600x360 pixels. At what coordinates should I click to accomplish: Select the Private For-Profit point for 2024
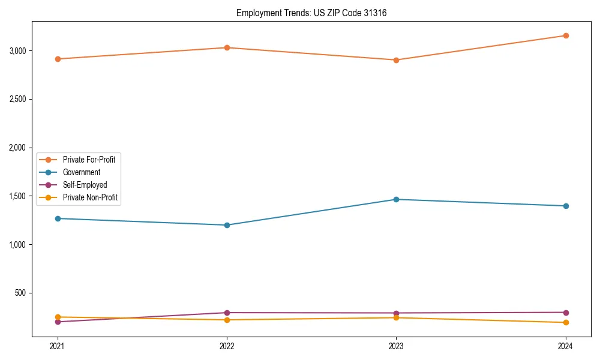566,35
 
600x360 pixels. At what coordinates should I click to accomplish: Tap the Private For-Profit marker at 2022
227,47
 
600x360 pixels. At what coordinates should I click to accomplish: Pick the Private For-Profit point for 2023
396,60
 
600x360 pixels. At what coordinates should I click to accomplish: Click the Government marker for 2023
396,199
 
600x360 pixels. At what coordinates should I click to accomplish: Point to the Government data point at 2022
227,225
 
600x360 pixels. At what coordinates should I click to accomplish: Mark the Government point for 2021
58,218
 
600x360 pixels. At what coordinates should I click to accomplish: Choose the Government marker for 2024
566,206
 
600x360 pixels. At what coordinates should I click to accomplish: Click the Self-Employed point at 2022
227,313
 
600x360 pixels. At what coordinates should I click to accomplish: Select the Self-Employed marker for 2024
566,312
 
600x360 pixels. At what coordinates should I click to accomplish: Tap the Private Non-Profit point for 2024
566,323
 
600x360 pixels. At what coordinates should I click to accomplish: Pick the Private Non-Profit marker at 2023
396,317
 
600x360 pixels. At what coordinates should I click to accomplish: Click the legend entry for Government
81,172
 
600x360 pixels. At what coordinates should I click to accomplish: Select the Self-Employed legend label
85,185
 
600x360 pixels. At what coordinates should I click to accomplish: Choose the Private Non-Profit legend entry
90,197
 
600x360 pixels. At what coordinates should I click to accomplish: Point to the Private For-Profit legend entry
89,160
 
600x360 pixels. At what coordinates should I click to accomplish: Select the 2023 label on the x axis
396,346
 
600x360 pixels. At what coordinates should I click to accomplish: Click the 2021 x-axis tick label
58,346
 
